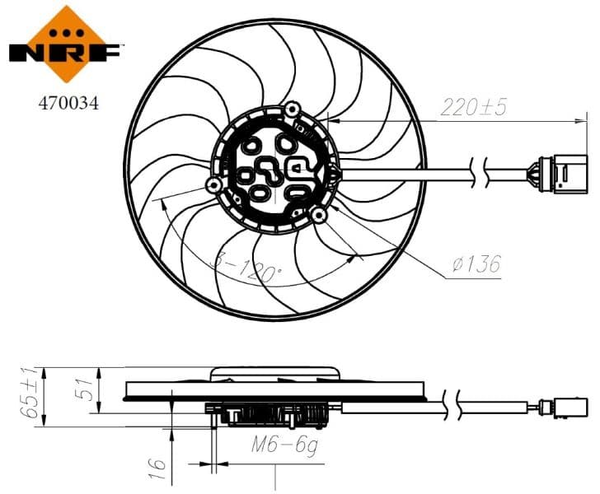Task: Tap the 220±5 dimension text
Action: pyautogui.click(x=475, y=106)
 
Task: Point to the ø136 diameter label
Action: pyautogui.click(x=476, y=264)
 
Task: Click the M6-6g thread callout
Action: pyautogui.click(x=285, y=445)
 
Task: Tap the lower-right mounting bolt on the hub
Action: pyautogui.click(x=317, y=215)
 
